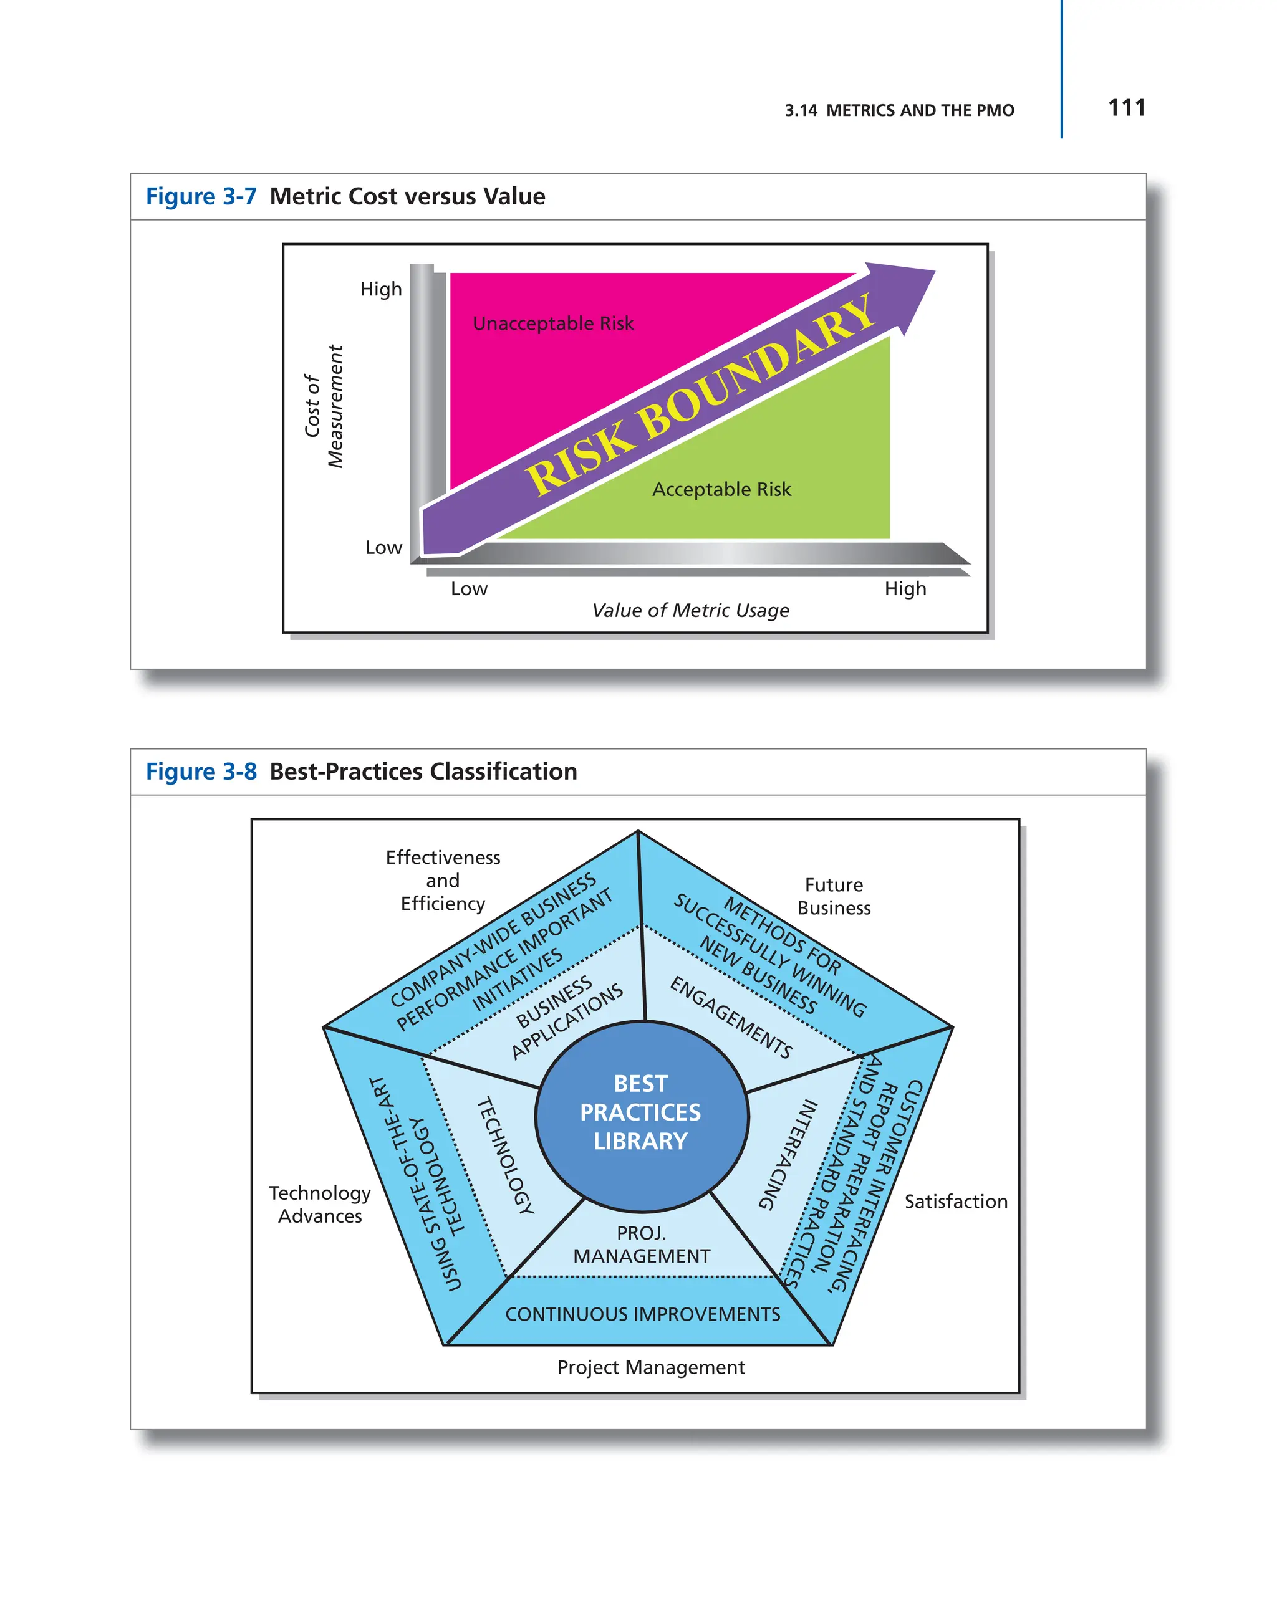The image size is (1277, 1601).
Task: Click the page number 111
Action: coord(1125,108)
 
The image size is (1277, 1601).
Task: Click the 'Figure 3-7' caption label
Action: coord(201,197)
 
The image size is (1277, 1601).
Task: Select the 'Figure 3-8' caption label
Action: coord(201,772)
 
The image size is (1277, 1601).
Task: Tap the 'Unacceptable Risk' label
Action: coord(552,324)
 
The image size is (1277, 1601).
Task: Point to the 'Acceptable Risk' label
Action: coord(721,489)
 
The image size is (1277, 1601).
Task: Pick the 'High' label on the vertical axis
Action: coord(380,289)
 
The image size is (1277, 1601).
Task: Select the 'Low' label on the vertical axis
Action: coord(383,547)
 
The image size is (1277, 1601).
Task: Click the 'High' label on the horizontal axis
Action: coord(904,589)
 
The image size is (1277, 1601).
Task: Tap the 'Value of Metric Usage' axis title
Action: coord(690,610)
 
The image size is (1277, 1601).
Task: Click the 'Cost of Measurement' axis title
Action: coord(324,406)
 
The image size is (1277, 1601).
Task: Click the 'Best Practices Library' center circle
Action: coord(640,1112)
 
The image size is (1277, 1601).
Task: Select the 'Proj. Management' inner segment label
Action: coord(641,1244)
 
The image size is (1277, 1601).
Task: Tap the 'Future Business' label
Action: coord(833,896)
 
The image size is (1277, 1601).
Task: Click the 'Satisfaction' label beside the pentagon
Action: coord(955,1202)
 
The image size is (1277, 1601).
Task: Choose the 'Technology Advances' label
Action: coord(319,1205)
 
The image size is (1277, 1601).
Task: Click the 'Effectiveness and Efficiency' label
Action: coord(443,880)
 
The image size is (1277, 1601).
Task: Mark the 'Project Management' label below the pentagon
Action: coord(651,1367)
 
